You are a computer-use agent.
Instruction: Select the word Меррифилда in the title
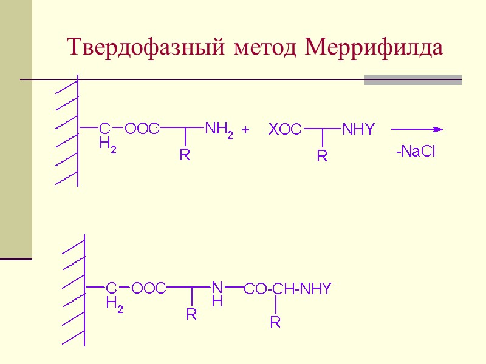(x=374, y=47)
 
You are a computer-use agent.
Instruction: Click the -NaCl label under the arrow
(x=416, y=152)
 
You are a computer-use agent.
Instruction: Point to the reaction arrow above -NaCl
(x=417, y=129)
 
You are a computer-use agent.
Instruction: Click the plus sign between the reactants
(x=246, y=129)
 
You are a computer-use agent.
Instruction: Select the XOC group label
(x=286, y=129)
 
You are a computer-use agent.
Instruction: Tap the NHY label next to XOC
(x=358, y=129)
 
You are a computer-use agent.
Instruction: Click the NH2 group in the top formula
(x=219, y=129)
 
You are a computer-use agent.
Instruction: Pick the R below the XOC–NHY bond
(x=323, y=157)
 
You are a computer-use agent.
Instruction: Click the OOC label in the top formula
(x=142, y=129)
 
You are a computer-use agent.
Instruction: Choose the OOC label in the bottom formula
(x=149, y=288)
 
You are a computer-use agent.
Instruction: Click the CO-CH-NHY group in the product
(x=288, y=289)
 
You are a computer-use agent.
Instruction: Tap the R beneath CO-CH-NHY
(x=275, y=322)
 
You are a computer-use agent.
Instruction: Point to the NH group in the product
(x=217, y=292)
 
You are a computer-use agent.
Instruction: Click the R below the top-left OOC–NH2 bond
(x=185, y=155)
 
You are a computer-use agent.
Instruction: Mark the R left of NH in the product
(x=191, y=315)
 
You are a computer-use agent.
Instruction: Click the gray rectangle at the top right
(x=412, y=80)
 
